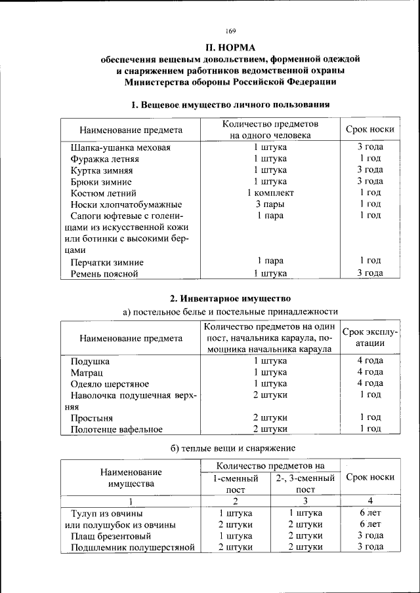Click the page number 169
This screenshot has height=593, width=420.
click(x=230, y=31)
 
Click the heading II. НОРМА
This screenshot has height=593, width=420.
click(x=230, y=47)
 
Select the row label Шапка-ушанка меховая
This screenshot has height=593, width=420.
click(x=121, y=147)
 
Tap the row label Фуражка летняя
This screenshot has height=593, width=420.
click(x=105, y=159)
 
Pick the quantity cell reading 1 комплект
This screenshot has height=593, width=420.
click(x=270, y=193)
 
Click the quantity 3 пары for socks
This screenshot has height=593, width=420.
click(x=270, y=204)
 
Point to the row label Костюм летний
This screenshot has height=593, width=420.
click(x=104, y=193)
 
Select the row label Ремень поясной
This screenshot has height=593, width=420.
click(x=104, y=274)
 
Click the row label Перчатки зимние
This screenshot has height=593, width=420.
click(x=108, y=262)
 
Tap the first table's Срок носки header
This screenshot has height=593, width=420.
click(x=369, y=130)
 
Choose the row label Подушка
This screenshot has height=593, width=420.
click(x=90, y=361)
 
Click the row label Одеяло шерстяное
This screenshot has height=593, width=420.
click(x=110, y=384)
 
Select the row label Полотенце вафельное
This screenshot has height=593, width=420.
click(x=117, y=429)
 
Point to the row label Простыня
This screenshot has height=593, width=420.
click(x=92, y=417)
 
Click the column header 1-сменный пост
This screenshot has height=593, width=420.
click(x=235, y=484)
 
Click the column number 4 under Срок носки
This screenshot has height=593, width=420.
click(x=369, y=501)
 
